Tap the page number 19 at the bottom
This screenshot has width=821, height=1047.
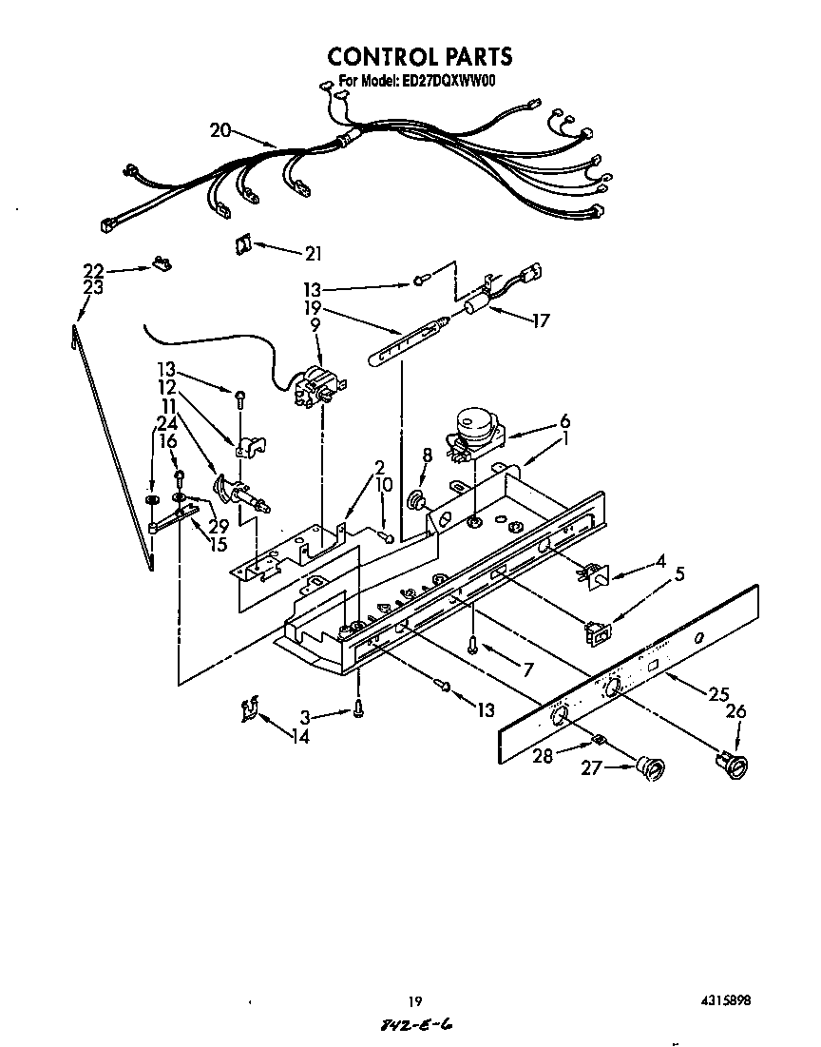click(414, 1000)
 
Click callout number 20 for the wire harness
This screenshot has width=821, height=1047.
click(220, 131)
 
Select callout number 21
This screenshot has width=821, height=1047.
click(313, 253)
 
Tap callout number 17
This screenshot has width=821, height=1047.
click(541, 320)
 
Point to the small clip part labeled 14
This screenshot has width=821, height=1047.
click(250, 708)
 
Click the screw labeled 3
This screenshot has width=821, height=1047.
click(358, 708)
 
